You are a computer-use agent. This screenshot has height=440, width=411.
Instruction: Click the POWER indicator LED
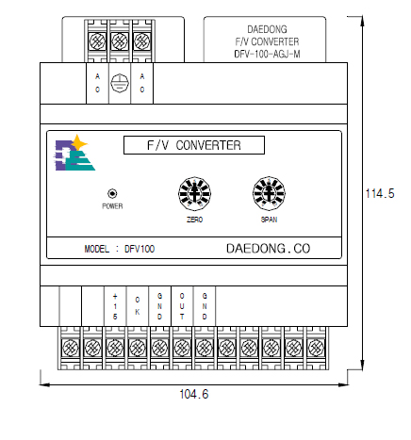click(x=112, y=193)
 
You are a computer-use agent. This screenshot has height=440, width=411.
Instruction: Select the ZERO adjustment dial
click(x=194, y=193)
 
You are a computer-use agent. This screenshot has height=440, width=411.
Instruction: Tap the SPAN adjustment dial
click(x=269, y=193)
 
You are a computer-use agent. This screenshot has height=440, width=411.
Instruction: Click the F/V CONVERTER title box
click(x=194, y=145)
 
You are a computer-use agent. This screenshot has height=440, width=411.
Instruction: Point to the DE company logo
click(x=74, y=154)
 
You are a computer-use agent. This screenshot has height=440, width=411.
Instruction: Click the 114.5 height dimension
click(x=380, y=193)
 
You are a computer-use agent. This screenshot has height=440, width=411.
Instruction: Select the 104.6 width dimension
click(x=194, y=394)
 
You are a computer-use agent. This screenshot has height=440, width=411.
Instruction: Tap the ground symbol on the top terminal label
click(x=120, y=83)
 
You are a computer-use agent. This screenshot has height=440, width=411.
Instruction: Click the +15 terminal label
click(x=115, y=306)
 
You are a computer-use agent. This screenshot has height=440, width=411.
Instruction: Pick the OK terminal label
click(x=138, y=306)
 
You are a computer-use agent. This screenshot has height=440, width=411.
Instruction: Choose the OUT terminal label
click(x=182, y=306)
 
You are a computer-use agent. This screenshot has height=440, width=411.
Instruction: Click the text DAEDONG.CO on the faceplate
click(x=268, y=249)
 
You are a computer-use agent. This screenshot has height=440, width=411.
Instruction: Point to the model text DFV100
click(x=140, y=249)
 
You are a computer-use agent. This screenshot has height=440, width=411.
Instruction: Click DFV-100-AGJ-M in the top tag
click(x=267, y=54)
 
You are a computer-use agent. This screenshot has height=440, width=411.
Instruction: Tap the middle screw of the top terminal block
click(x=120, y=41)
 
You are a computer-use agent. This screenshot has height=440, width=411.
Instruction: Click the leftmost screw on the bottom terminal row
click(x=71, y=348)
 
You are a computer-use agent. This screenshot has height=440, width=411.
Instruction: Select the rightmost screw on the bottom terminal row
click(x=316, y=348)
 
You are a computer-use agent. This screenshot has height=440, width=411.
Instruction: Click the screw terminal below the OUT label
click(x=182, y=348)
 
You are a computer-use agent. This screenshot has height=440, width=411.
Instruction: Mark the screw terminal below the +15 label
click(x=115, y=348)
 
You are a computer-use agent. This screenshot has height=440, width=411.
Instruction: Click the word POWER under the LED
click(x=112, y=206)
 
